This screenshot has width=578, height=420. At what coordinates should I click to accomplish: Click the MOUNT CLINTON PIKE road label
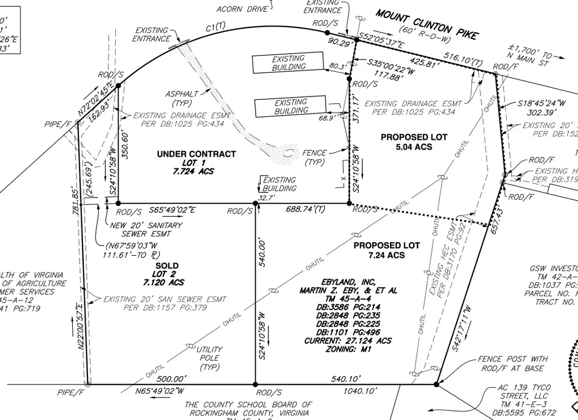[x=426, y=25]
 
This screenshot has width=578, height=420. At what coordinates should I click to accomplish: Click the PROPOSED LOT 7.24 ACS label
[x=387, y=250]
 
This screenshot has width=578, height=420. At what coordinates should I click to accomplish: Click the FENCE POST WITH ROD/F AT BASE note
[x=512, y=364]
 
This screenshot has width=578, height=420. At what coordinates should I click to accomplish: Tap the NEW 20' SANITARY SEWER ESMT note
[x=146, y=229]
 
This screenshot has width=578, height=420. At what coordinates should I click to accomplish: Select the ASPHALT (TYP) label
[x=182, y=98]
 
